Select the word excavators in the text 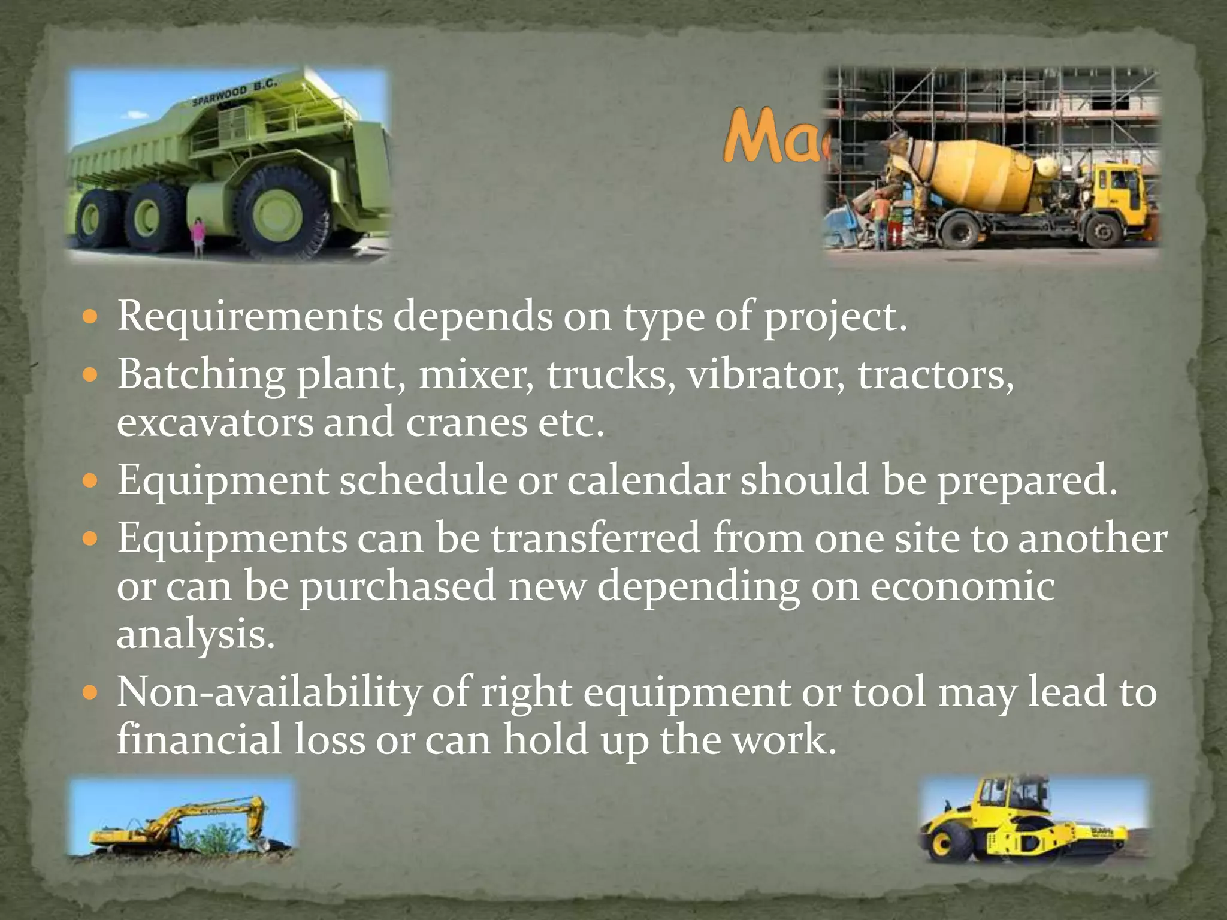(214, 422)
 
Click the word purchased (397, 587)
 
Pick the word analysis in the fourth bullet (195, 635)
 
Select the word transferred (596, 538)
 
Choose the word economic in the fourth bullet (962, 587)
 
